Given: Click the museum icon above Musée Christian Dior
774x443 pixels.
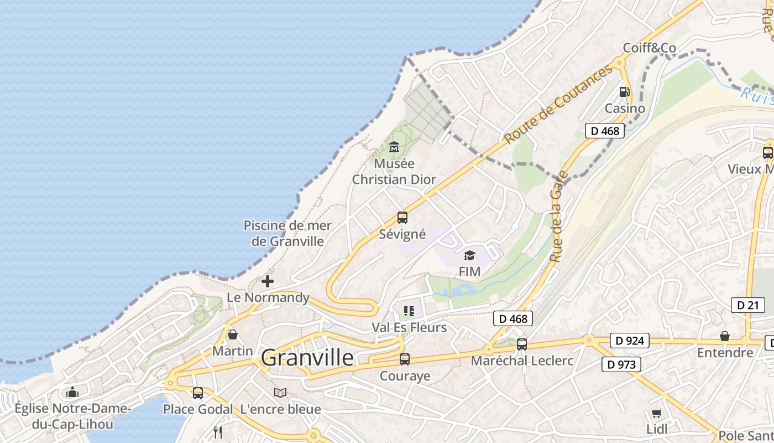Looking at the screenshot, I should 394,147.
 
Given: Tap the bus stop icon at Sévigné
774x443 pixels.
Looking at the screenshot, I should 402,218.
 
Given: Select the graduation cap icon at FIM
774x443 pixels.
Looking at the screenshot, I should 469,255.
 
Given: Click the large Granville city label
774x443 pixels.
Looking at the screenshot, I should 307,358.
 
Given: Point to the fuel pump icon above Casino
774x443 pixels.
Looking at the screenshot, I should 624,92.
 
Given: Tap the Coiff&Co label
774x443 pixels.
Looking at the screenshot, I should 649,48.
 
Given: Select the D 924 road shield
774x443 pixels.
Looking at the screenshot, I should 629,341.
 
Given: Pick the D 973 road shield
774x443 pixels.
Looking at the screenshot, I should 621,364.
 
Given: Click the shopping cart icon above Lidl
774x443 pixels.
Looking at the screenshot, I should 656,413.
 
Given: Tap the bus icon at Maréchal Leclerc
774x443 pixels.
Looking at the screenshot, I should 521,344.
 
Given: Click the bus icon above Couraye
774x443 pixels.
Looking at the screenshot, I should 405,359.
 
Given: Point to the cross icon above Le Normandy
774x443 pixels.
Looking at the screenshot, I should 268,281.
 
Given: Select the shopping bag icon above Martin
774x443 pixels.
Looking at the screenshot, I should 233,334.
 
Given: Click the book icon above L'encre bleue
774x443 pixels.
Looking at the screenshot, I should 280,393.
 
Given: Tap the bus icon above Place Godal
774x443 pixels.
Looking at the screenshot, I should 197,393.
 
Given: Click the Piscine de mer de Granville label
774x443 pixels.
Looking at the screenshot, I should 287,233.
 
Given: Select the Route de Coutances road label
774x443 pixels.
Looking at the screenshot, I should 558,104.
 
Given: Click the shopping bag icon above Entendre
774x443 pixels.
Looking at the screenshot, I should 724,336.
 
